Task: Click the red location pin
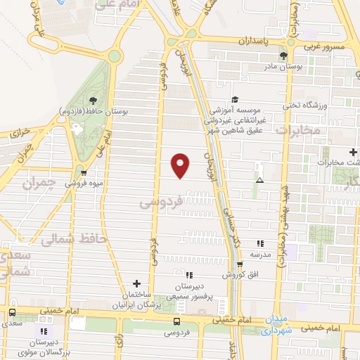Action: pyautogui.click(x=181, y=165)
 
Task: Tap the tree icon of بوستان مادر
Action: pyautogui.click(x=283, y=56)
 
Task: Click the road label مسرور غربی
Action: pyautogui.click(x=324, y=48)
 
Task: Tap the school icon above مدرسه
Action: pyautogui.click(x=260, y=243)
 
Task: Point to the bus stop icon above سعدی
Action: pyautogui.click(x=12, y=313)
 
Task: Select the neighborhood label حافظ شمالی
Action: pyautogui.click(x=64, y=240)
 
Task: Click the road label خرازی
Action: pyautogui.click(x=21, y=131)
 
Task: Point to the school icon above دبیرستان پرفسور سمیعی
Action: pyautogui.click(x=189, y=274)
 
